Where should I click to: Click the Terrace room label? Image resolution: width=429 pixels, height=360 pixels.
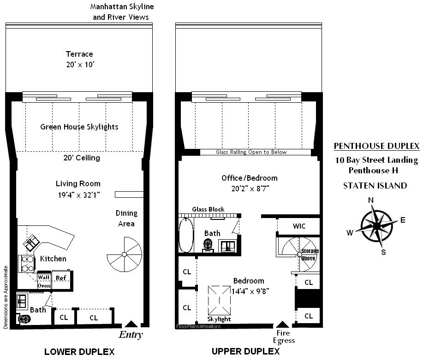tap(79, 54)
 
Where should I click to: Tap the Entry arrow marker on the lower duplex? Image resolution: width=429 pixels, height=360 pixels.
tap(131, 324)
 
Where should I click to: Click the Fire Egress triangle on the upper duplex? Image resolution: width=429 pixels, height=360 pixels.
tap(283, 325)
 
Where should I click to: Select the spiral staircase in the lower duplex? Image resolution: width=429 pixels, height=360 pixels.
tap(124, 254)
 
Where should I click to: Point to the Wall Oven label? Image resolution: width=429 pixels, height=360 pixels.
tap(44, 281)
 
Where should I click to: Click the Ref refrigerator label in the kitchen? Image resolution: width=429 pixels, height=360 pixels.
tap(61, 278)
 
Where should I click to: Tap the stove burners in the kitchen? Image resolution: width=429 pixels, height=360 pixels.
tap(27, 264)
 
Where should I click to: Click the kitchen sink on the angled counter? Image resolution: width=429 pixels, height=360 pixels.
tap(31, 242)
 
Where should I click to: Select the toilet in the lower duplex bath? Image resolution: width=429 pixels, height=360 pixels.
tap(24, 319)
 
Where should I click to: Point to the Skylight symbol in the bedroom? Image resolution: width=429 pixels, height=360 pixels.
tap(219, 301)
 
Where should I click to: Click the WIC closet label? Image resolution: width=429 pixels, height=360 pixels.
tap(299, 226)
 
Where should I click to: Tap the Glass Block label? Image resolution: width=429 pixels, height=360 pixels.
tap(208, 209)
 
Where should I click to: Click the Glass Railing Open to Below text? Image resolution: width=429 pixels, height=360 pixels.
tap(251, 152)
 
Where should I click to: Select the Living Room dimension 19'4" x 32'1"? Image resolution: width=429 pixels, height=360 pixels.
tap(79, 195)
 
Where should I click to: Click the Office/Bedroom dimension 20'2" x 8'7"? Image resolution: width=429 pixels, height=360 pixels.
tap(250, 189)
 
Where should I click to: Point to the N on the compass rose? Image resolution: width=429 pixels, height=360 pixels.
tap(371, 201)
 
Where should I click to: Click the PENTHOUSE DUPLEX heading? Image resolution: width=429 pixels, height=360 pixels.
tap(376, 146)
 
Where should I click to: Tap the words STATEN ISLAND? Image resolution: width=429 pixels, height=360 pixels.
tap(375, 186)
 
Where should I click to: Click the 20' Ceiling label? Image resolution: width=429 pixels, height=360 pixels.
tap(82, 158)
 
